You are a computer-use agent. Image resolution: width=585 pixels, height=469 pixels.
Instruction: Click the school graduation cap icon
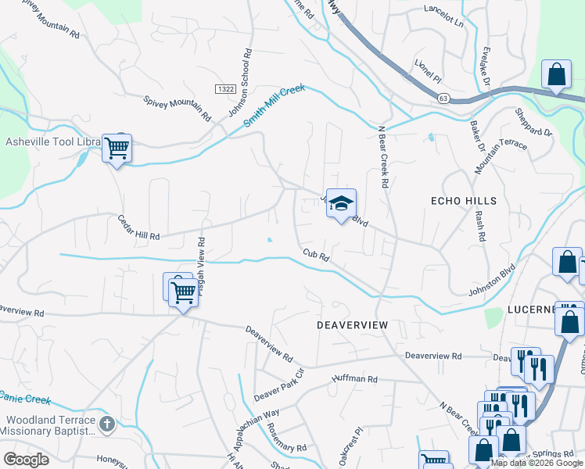(341, 203)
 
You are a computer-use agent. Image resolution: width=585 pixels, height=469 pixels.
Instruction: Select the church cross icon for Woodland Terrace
(108, 424)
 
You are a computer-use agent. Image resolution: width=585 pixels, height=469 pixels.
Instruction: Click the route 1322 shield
(227, 89)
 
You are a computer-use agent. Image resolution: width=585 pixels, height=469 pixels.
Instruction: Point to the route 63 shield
(443, 98)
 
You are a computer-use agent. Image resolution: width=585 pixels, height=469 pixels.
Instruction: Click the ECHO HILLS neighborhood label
(464, 201)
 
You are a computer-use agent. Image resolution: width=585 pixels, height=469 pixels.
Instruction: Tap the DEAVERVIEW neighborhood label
(353, 324)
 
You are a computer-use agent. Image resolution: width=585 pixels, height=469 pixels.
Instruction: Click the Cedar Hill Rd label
(139, 227)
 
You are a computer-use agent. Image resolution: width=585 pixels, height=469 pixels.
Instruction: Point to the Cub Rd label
(316, 255)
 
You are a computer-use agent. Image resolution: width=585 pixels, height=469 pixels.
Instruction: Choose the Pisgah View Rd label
(201, 260)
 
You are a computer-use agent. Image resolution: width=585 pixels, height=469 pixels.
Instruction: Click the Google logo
(26, 459)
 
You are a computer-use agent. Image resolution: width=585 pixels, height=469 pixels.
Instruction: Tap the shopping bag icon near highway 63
(557, 77)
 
